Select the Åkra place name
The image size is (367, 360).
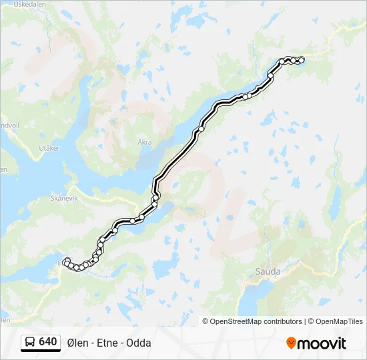click(x=144, y=142)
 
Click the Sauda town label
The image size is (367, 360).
click(x=268, y=271)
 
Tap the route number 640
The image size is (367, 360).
click(x=47, y=342)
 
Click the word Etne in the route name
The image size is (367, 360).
click(x=107, y=343)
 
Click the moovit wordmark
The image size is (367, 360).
click(x=322, y=344)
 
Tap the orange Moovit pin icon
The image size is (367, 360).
click(x=291, y=343)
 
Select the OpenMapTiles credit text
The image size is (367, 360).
click(x=340, y=321)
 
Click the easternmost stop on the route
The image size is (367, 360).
click(x=301, y=60)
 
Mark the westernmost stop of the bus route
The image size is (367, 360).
click(x=66, y=262)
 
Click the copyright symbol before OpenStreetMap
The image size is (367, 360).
click(x=206, y=321)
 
